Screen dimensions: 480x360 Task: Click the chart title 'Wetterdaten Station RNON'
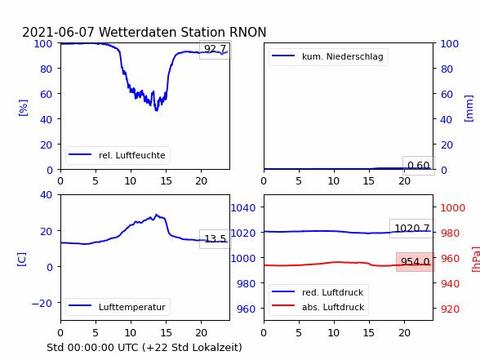tap(183, 32)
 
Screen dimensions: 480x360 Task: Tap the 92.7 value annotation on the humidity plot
tap(216, 49)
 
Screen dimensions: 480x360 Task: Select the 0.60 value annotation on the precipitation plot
tap(419, 165)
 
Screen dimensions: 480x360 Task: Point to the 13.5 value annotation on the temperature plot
tap(216, 238)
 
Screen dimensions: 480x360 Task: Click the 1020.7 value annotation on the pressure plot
tap(412, 229)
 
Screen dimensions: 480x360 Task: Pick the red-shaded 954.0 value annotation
tap(416, 262)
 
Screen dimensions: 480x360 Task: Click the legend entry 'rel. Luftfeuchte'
tap(132, 155)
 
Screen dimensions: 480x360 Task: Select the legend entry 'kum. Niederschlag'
tap(343, 56)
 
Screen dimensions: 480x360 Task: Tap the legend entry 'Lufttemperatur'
tap(132, 307)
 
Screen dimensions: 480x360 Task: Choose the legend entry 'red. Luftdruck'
tap(333, 292)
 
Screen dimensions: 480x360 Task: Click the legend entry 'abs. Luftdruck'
tap(333, 307)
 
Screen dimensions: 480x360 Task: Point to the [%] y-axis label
tap(23, 108)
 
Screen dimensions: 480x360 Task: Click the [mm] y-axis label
tap(469, 109)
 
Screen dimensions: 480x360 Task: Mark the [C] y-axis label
tap(22, 260)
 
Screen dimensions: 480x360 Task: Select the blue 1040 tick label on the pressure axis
tap(243, 208)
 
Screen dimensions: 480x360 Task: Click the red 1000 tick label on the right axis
tap(453, 208)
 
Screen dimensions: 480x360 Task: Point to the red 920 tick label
tap(450, 309)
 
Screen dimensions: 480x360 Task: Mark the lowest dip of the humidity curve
tap(157, 110)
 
